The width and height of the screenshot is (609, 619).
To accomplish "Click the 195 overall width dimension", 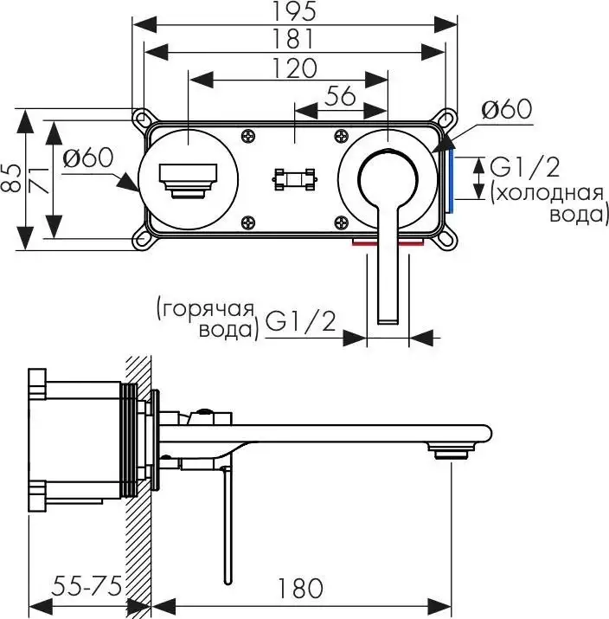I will tap(293, 11).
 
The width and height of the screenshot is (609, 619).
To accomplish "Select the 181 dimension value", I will tap(293, 39).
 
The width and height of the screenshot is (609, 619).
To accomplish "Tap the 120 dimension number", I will tap(293, 68).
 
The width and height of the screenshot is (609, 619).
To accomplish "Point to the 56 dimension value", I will tap(341, 96).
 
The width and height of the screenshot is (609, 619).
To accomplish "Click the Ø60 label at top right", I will tap(506, 110).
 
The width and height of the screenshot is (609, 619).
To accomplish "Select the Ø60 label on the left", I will tap(88, 158).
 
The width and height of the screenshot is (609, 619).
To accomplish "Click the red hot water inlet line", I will tap(388, 245).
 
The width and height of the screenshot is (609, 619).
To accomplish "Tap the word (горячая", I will tap(206, 308).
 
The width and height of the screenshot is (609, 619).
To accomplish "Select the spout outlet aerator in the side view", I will tap(453, 452).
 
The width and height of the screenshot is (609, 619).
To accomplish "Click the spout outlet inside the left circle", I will tap(187, 178).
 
